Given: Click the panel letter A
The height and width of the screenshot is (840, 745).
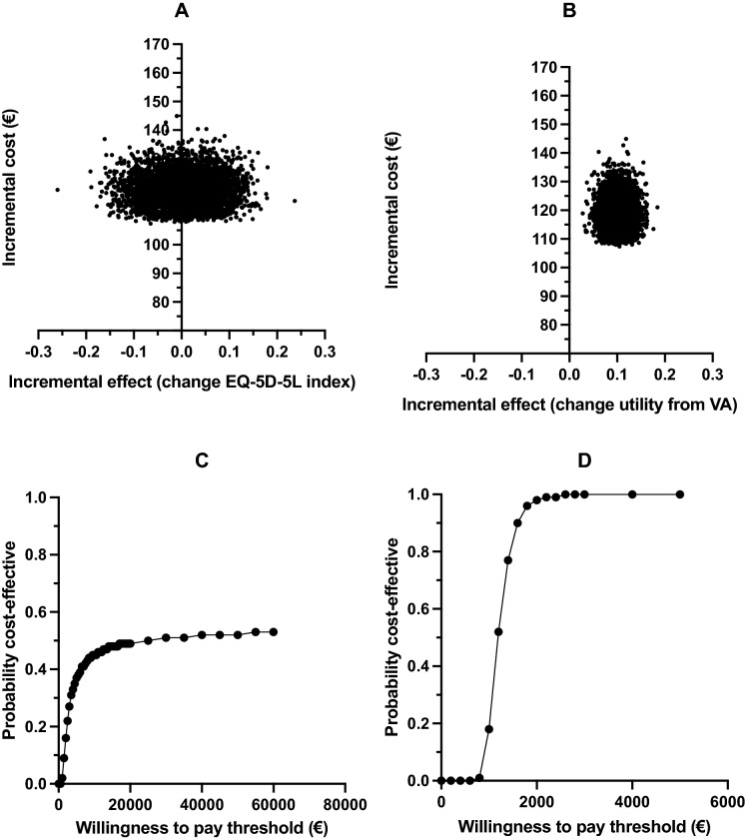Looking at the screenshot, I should click(x=181, y=11).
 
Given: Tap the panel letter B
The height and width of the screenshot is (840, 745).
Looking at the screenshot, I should click(x=568, y=11).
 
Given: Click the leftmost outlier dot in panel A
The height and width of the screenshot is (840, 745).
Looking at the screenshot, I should click(x=58, y=189).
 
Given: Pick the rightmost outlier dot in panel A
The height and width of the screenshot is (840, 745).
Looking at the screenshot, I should click(x=295, y=201).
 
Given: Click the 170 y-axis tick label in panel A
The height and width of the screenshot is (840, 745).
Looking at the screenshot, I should click(x=155, y=44).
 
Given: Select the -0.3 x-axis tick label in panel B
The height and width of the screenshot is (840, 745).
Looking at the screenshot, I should click(x=426, y=373).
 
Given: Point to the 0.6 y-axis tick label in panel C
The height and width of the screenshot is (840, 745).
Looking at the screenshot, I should click(x=36, y=612).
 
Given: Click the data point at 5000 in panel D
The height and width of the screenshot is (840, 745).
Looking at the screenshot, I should click(x=680, y=494).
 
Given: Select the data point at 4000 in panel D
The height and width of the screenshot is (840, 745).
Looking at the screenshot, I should click(x=632, y=494).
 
